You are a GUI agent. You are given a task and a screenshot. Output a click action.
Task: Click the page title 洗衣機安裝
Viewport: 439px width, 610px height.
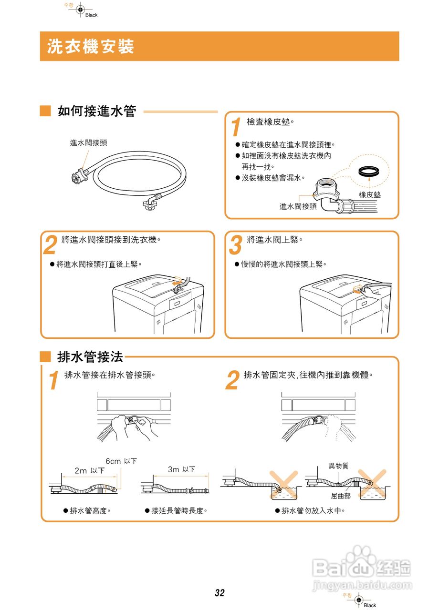(91, 47)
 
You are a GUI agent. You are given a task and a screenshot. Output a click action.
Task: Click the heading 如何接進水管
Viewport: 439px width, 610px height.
(97, 112)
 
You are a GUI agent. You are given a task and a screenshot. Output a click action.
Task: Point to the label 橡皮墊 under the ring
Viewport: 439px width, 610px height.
(370, 195)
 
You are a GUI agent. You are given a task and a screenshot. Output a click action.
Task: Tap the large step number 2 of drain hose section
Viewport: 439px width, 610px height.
(232, 381)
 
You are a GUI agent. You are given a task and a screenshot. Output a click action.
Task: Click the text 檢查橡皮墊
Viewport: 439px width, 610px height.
(270, 122)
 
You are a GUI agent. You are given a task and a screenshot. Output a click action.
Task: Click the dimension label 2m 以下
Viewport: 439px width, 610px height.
(89, 470)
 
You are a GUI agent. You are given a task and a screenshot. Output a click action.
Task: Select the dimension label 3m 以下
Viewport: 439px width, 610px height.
(181, 469)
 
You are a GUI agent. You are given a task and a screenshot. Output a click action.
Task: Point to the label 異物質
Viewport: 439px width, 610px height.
(338, 465)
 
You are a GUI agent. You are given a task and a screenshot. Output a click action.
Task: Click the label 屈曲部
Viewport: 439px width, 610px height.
(341, 496)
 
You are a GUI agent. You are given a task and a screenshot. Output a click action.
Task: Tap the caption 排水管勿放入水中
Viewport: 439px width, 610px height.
(313, 510)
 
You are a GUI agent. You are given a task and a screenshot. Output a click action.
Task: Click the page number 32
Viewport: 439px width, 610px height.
(219, 593)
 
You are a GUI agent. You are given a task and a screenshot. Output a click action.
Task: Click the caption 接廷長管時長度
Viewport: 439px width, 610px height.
(179, 510)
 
